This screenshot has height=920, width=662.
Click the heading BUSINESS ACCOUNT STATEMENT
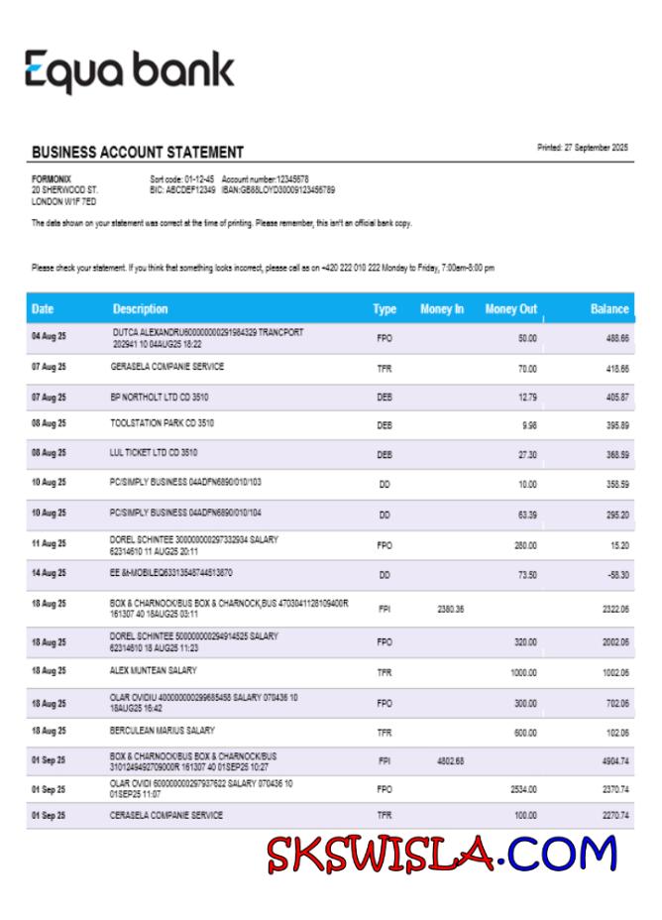pyautogui.click(x=138, y=153)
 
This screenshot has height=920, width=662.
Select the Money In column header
pyautogui.click(x=442, y=309)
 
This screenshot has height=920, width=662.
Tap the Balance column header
pyautogui.click(x=608, y=309)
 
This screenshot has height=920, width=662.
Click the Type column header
pyautogui.click(x=385, y=309)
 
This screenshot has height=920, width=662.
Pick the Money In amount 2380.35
pyautogui.click(x=450, y=610)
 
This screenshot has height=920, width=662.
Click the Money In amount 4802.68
pyautogui.click(x=450, y=762)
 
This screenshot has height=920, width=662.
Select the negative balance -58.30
pyautogui.click(x=617, y=575)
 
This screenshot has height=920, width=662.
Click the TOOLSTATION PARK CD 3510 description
pyautogui.click(x=163, y=423)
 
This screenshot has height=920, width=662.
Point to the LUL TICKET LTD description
pyautogui.click(x=154, y=452)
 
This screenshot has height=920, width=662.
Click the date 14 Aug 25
pyautogui.click(x=49, y=573)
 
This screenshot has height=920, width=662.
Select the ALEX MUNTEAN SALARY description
pyautogui.click(x=154, y=670)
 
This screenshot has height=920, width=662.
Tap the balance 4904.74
pyautogui.click(x=615, y=762)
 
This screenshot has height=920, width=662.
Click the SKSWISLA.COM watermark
pyautogui.click(x=441, y=855)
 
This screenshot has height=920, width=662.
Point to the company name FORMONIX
pyautogui.click(x=52, y=178)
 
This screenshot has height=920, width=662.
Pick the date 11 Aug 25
pyautogui.click(x=49, y=543)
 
